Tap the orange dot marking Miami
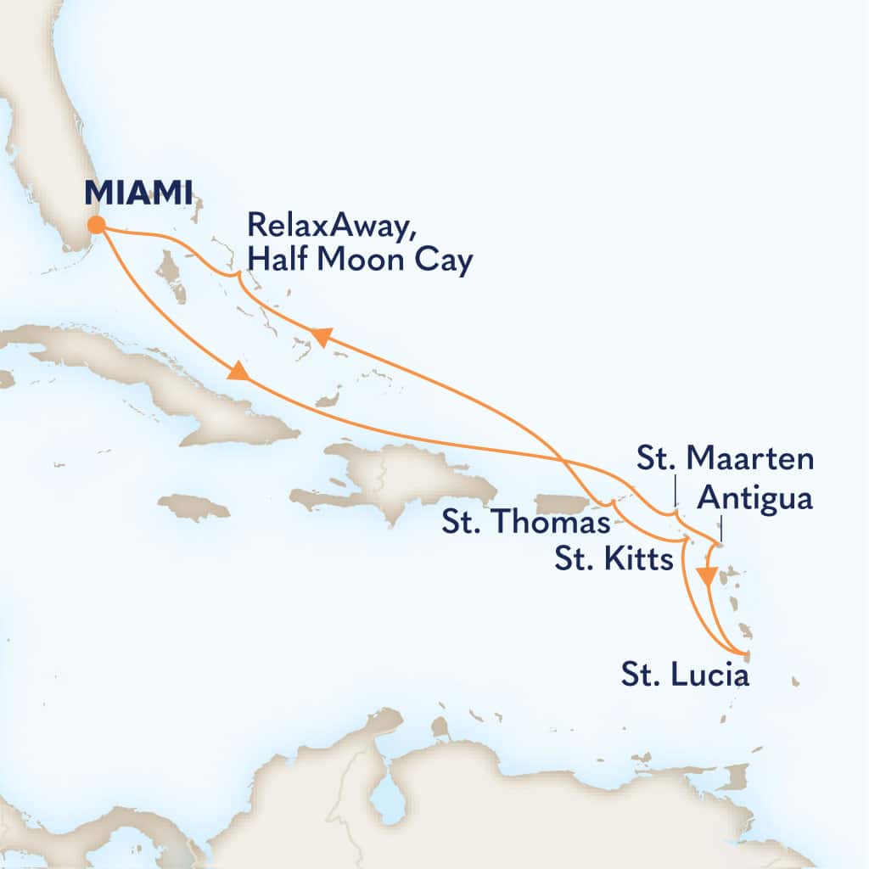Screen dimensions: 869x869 point(96,225)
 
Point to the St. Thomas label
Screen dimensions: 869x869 point(525,523)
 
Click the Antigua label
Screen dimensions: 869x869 point(754,499)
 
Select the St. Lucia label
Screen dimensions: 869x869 point(684,677)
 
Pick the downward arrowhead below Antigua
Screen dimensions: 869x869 point(704,577)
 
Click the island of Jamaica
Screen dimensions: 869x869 point(193,507)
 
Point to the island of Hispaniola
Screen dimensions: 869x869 point(399,479)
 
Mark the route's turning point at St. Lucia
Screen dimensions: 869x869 point(746,653)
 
